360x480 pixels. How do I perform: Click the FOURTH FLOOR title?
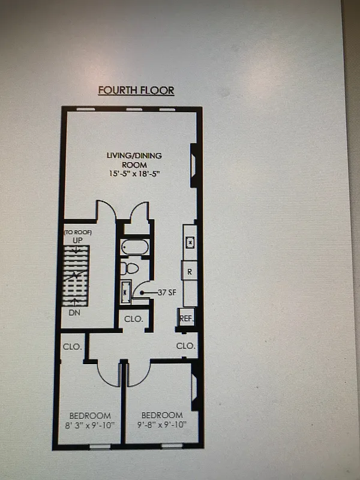click(x=136, y=91)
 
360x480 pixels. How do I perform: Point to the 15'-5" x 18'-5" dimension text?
click(x=134, y=173)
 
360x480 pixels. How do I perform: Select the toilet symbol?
click(x=130, y=268)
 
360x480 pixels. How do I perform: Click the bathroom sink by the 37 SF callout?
click(x=126, y=292)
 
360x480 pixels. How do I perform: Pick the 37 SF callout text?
click(x=167, y=293)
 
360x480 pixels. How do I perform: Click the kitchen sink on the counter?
click(x=190, y=242)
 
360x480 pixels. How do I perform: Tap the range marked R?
click(x=190, y=271)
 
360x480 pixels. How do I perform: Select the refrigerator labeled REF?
click(x=187, y=319)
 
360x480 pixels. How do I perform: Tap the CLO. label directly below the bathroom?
click(x=133, y=319)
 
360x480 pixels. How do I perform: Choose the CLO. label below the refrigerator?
click(x=186, y=346)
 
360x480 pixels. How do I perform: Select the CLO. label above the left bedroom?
click(x=72, y=346)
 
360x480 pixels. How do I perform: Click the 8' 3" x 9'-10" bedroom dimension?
click(x=90, y=425)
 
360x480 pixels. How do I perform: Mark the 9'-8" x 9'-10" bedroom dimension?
click(x=161, y=425)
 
